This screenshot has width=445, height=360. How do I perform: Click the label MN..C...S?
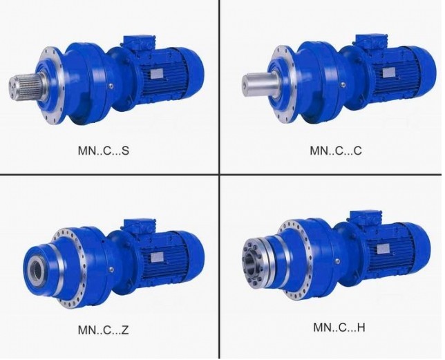point(104,151)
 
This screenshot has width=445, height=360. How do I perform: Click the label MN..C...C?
point(336,151)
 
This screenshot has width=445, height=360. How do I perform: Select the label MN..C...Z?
point(104,330)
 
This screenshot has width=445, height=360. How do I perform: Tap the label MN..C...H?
point(339,328)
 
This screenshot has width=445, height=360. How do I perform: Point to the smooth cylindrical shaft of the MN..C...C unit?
point(260,83)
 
